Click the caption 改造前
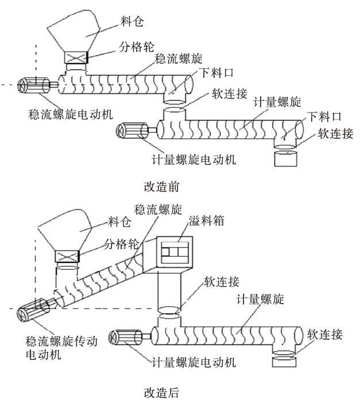click(161, 187)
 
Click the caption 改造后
click(161, 393)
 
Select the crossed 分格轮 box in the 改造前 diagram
click(75, 59)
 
